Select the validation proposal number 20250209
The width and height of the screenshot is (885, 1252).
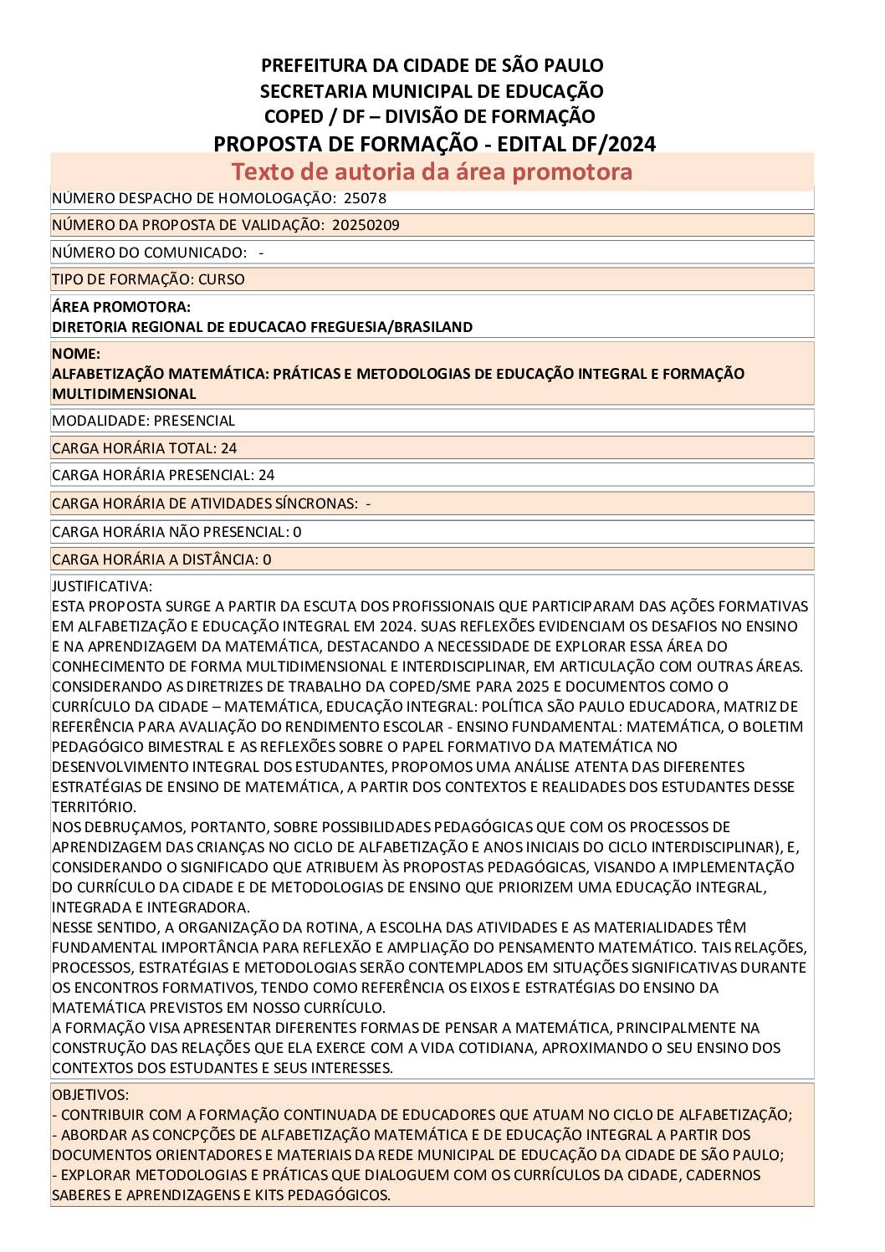coord(366,225)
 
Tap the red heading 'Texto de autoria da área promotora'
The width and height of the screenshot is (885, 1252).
coord(432,171)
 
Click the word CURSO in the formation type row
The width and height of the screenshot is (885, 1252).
coord(222,279)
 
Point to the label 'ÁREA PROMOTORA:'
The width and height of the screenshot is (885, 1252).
coord(121,307)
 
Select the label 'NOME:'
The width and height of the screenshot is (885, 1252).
coord(76,354)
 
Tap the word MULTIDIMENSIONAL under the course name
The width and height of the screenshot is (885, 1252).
coord(124,394)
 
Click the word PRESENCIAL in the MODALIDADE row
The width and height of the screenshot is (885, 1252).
coord(194,421)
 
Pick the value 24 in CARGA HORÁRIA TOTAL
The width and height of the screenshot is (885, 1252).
coord(228,448)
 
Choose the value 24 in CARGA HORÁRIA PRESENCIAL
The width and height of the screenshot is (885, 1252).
coord(266,475)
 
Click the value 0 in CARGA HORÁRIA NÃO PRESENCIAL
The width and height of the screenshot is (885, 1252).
coord(297,532)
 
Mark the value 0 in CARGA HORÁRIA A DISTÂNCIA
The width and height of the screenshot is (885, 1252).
coord(267,560)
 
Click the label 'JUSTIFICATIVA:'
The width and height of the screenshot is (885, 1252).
coord(102,586)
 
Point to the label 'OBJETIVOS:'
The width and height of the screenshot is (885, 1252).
coord(90,1095)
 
